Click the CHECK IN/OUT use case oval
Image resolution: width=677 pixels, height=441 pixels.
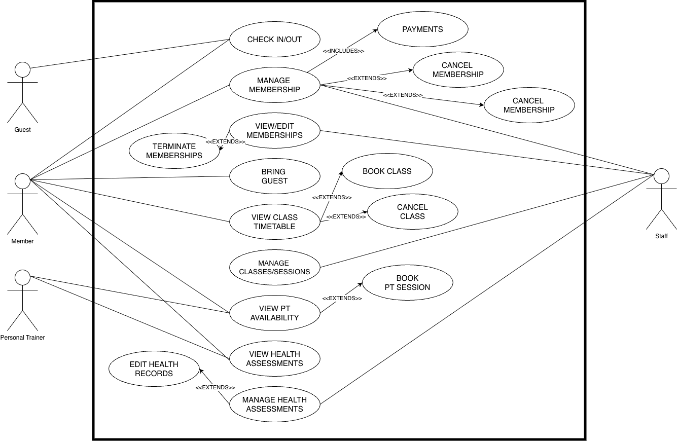point(274,40)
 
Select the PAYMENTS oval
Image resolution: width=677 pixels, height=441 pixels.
point(422,29)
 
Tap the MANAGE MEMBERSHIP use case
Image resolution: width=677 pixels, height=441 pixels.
point(274,85)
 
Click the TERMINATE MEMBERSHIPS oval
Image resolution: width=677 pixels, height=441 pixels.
point(174,151)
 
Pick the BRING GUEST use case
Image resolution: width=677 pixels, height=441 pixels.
point(274,176)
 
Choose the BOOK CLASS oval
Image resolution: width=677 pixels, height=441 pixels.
point(387,171)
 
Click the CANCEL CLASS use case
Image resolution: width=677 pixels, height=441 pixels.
point(412,212)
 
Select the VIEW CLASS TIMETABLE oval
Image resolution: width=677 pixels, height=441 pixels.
point(274,222)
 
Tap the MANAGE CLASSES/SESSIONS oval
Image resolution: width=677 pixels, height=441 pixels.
point(274,268)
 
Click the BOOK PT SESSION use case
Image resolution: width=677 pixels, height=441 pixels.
point(407,283)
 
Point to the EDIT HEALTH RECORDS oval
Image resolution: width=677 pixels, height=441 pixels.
point(154,369)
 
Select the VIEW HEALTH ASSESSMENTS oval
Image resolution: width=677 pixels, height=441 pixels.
point(274,359)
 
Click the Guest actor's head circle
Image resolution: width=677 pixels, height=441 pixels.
point(22,69)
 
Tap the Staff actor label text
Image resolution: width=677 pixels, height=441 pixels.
point(661,236)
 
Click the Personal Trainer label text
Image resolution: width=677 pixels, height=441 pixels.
point(22,338)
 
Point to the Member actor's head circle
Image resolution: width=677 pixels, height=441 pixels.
point(22,181)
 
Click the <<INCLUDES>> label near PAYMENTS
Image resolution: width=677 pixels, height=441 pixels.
point(343,51)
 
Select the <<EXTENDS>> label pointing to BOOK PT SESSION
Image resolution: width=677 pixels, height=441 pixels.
point(342,299)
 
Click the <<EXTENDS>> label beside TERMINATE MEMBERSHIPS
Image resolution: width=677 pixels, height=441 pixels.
point(225,142)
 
